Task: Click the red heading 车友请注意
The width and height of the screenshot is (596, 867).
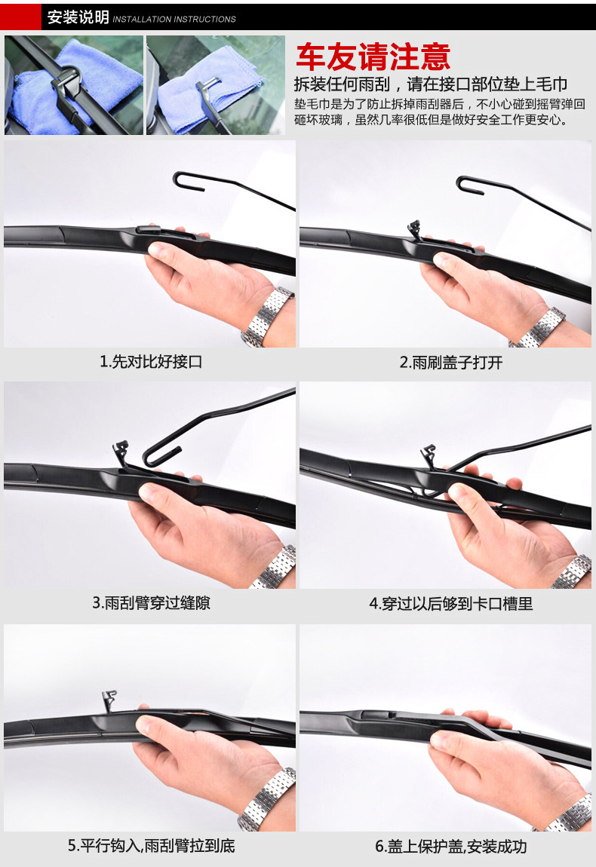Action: click(x=373, y=57)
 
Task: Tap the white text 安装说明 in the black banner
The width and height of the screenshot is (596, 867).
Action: click(x=78, y=17)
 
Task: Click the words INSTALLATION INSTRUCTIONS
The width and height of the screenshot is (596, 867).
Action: click(x=174, y=20)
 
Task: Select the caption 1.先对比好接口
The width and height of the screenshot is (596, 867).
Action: click(x=151, y=362)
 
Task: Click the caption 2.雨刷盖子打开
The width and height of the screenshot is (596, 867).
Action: click(x=451, y=362)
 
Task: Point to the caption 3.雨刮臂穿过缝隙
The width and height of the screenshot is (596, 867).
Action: click(x=151, y=602)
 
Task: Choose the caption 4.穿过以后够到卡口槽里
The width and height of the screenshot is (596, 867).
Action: click(x=451, y=603)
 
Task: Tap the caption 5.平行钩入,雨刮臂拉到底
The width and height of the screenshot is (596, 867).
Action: click(x=151, y=845)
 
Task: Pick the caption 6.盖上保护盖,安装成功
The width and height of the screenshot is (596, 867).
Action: click(x=451, y=846)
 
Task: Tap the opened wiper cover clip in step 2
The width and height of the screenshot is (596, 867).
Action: click(x=413, y=229)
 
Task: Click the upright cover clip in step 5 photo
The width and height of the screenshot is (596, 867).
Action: click(x=109, y=700)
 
